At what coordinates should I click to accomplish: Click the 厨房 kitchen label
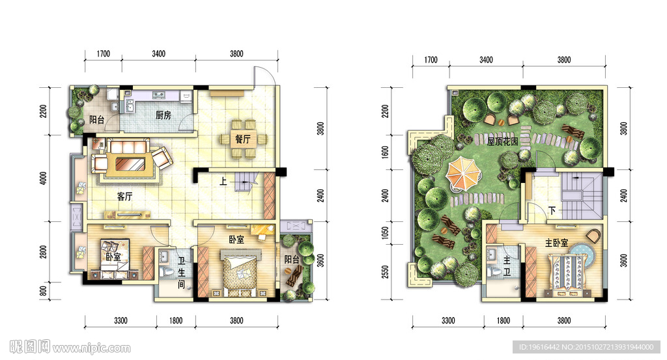[163, 115]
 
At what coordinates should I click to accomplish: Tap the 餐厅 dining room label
[243, 139]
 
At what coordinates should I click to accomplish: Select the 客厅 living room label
[124, 197]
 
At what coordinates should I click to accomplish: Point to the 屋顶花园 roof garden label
[502, 141]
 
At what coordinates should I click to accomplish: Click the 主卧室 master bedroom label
[556, 243]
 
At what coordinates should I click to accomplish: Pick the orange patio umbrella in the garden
[463, 173]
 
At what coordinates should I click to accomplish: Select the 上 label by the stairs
[223, 182]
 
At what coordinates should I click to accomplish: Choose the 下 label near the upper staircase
[552, 211]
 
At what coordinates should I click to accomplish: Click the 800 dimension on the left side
[44, 292]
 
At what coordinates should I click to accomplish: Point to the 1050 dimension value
[385, 232]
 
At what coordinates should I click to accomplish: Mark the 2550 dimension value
[385, 272]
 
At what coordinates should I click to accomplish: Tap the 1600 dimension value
[385, 152]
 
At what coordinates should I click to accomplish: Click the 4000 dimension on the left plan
[44, 178]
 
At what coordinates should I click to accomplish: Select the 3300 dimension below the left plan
[121, 320]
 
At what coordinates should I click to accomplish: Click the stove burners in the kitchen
[159, 94]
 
